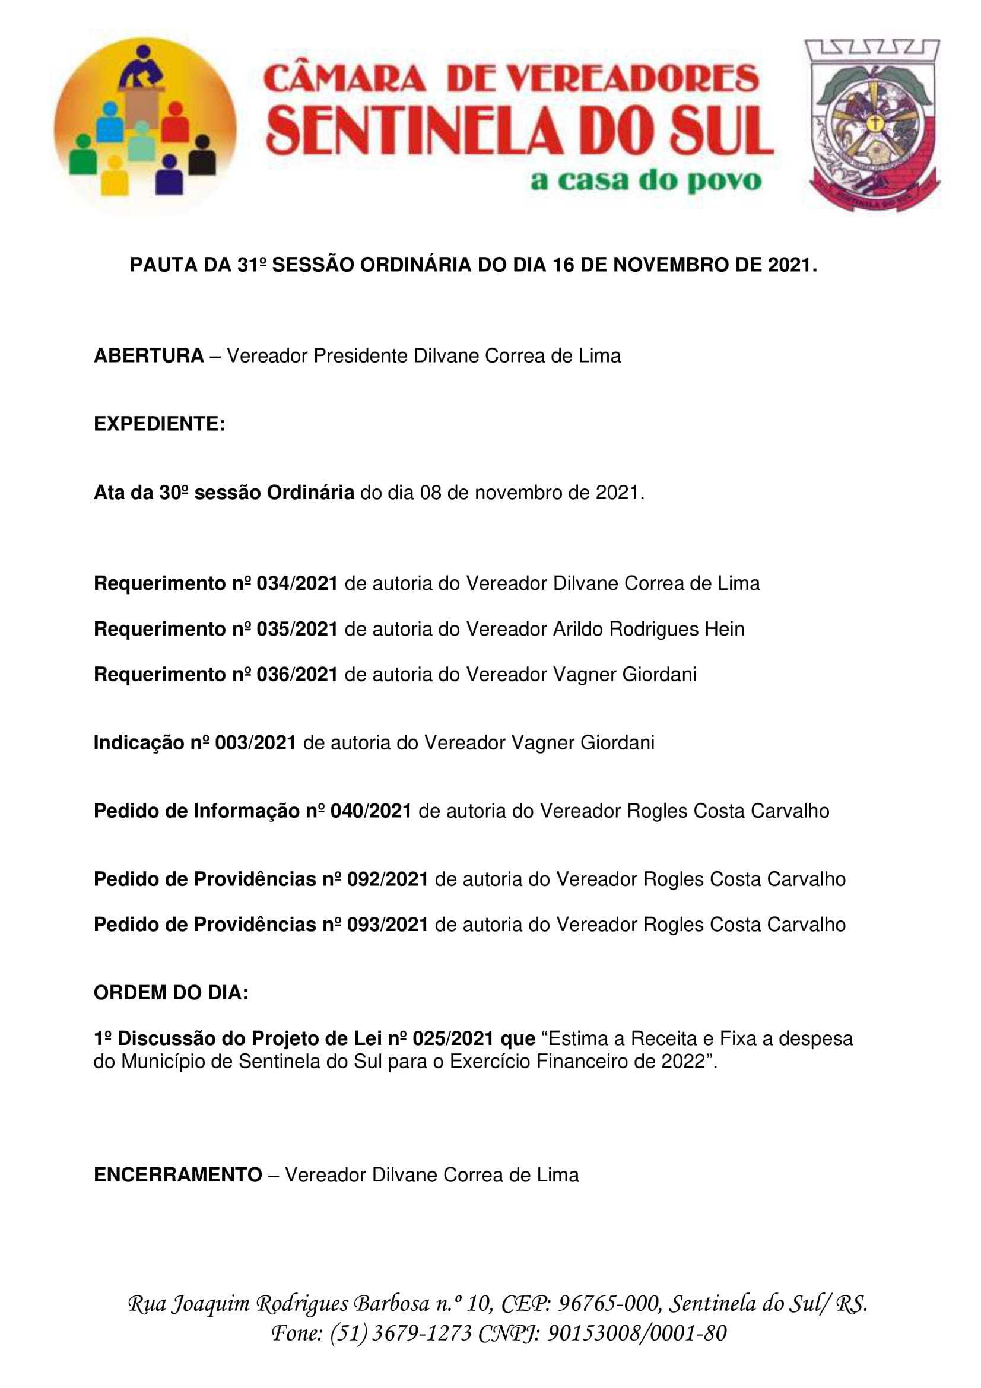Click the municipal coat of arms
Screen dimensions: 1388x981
(x=872, y=125)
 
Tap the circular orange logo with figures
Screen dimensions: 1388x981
(x=145, y=126)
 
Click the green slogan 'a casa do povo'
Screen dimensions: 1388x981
(x=646, y=181)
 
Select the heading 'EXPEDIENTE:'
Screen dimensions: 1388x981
(x=160, y=424)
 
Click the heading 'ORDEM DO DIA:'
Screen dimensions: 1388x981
(x=171, y=993)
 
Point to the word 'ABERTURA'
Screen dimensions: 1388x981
(x=149, y=355)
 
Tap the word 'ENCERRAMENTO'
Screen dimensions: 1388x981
(x=177, y=1174)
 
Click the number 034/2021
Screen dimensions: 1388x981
(x=297, y=583)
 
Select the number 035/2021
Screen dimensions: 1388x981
(x=297, y=629)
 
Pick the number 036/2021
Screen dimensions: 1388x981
(x=297, y=674)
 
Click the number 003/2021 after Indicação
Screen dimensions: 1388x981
(x=255, y=742)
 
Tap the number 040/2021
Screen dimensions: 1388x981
(x=370, y=811)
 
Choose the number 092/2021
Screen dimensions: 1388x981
(x=388, y=879)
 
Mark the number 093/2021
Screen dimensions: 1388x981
(x=388, y=925)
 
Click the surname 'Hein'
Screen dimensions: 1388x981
(x=724, y=629)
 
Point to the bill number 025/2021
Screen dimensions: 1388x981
(x=453, y=1038)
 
